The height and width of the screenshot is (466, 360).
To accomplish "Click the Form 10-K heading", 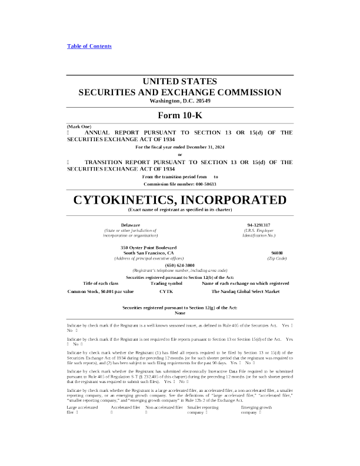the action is coord(180,115).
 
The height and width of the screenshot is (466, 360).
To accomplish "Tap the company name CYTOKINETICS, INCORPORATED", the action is coord(180,200).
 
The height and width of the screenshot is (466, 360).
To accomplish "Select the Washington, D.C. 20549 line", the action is coord(180,101).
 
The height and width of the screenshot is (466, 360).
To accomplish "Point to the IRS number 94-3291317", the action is coord(259,225).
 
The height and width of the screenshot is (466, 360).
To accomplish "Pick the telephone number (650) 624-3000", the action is coord(180,265).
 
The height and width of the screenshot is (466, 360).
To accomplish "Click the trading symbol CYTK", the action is coord(166,291).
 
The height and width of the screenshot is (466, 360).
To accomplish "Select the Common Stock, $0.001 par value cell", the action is coord(101,291).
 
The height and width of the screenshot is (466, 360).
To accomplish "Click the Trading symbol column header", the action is coord(166,283).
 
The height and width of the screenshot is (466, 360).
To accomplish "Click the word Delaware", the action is coord(131,225).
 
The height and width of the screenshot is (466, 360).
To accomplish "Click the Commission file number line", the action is coord(180,184).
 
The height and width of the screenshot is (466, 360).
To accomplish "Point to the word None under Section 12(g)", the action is coord(180,313).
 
